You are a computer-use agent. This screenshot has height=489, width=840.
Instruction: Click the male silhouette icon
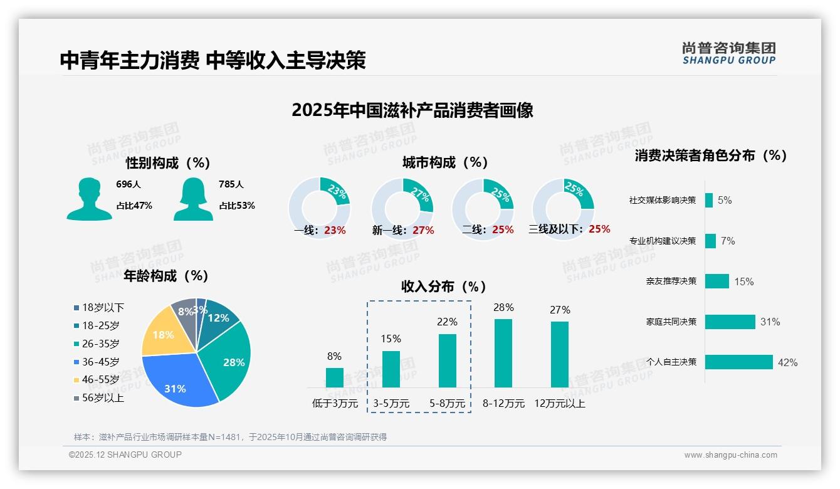click(89, 199)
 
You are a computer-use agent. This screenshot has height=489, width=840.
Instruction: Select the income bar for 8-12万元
click(503, 353)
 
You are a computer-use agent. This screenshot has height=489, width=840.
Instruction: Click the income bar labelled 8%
click(335, 377)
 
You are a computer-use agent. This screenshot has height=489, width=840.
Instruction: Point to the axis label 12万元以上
click(559, 403)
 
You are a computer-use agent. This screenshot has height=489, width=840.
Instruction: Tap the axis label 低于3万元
click(334, 403)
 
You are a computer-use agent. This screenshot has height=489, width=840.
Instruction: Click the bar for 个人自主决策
click(739, 362)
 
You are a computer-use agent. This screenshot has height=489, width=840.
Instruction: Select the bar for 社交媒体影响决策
click(709, 200)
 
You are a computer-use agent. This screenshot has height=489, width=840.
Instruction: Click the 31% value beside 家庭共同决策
click(770, 322)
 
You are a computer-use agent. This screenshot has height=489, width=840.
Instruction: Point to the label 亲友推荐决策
click(671, 281)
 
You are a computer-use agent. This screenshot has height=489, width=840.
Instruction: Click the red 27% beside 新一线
click(423, 230)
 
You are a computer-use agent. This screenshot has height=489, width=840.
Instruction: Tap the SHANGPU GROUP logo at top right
click(729, 53)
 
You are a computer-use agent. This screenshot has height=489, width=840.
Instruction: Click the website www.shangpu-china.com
click(730, 455)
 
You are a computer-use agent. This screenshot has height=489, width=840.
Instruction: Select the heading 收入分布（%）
click(444, 287)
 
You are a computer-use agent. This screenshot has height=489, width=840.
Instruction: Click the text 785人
click(231, 184)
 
